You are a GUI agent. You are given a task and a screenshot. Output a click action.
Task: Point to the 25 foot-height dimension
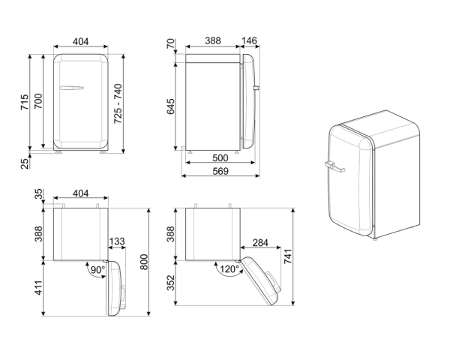24,163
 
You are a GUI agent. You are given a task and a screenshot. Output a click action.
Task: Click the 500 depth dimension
220,159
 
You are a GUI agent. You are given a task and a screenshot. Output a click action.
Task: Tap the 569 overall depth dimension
220,172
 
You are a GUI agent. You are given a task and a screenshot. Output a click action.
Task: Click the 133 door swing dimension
117,241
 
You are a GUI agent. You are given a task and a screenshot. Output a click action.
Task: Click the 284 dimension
261,241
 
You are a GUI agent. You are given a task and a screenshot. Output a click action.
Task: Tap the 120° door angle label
229,269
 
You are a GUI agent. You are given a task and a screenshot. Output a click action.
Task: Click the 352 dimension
170,282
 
